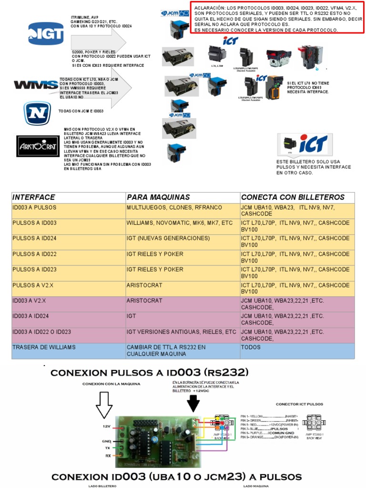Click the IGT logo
pos(46,33)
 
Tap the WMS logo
pos(36,85)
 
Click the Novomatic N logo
pos(37,113)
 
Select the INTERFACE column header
pos(33,197)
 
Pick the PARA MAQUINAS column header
pos(158,197)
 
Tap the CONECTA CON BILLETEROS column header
pos(293,197)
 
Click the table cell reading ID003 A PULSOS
pos(34,207)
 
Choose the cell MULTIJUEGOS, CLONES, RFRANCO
pos(174,207)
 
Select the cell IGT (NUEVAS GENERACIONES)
pos(168,238)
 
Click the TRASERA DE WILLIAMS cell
pos(44,347)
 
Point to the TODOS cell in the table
pos(251,347)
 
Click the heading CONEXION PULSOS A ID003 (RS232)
pos(150,372)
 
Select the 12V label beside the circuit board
pos(107,426)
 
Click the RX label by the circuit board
pos(108,456)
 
